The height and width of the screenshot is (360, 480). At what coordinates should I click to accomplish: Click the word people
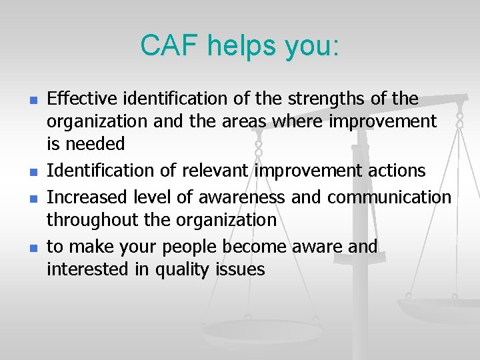click(184, 247)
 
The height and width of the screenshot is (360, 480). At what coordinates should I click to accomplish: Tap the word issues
click(245, 269)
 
